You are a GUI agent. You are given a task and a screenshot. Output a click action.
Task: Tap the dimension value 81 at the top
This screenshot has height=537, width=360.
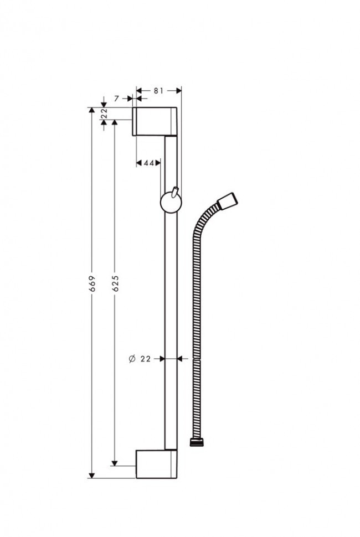158,90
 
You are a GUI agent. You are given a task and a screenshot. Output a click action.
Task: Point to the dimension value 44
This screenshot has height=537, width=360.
148,163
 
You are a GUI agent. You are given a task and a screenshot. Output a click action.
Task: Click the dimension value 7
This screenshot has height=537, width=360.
117,99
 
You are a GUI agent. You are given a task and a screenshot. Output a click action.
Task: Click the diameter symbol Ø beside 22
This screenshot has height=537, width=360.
132,359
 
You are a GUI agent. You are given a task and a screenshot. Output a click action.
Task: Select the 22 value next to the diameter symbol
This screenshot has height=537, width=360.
146,359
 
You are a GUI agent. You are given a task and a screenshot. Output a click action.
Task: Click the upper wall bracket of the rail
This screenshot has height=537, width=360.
155,121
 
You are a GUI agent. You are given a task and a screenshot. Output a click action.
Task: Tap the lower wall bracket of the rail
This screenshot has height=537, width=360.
157,464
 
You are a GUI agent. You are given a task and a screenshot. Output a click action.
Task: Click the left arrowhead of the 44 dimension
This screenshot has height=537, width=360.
139,163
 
